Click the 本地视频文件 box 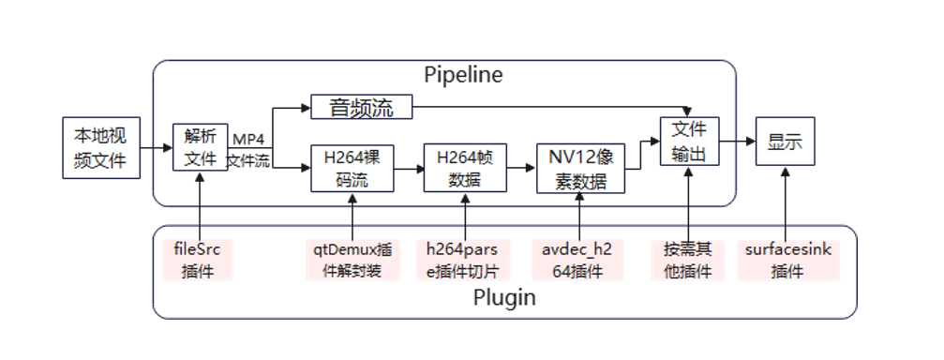tap(100, 148)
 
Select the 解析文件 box tap(201, 148)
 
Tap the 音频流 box tap(361, 108)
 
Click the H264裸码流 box tap(352, 168)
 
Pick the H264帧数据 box tap(465, 168)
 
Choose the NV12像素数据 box tap(580, 169)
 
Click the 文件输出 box tap(689, 142)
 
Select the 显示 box tap(785, 142)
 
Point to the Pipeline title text tap(463, 74)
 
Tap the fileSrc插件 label tap(197, 260)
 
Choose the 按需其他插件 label tap(688, 260)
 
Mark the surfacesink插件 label tap(787, 260)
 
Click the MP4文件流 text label tap(249, 151)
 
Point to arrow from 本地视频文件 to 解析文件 tap(156, 148)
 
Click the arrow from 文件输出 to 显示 tap(738, 142)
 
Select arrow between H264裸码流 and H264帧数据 tap(409, 169)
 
